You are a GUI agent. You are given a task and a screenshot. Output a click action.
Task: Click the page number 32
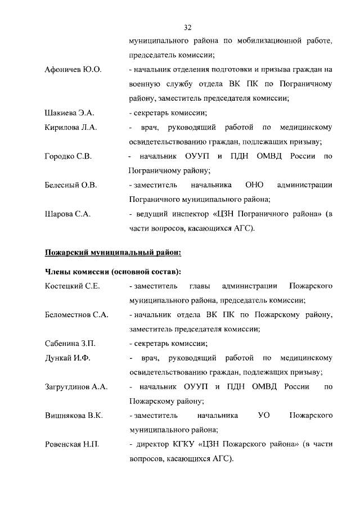point(188,26)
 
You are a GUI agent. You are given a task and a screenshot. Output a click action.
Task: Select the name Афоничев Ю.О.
point(73,70)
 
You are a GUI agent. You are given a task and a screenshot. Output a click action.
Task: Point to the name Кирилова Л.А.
point(71,128)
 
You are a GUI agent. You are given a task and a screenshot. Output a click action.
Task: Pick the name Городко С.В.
point(68,156)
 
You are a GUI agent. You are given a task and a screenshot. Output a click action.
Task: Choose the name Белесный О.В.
point(71,184)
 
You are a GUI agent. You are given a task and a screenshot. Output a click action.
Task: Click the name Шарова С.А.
point(67,214)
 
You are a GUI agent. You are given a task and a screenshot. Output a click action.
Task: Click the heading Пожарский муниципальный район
point(113,252)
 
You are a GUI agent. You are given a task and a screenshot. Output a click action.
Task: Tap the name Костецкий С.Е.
point(72,286)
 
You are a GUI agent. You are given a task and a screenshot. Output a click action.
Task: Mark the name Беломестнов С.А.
point(76,315)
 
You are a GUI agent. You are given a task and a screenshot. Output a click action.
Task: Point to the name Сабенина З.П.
point(70,344)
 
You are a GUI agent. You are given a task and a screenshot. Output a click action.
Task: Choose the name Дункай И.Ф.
point(67,358)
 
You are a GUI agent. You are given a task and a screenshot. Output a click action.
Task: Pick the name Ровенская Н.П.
point(72,445)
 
